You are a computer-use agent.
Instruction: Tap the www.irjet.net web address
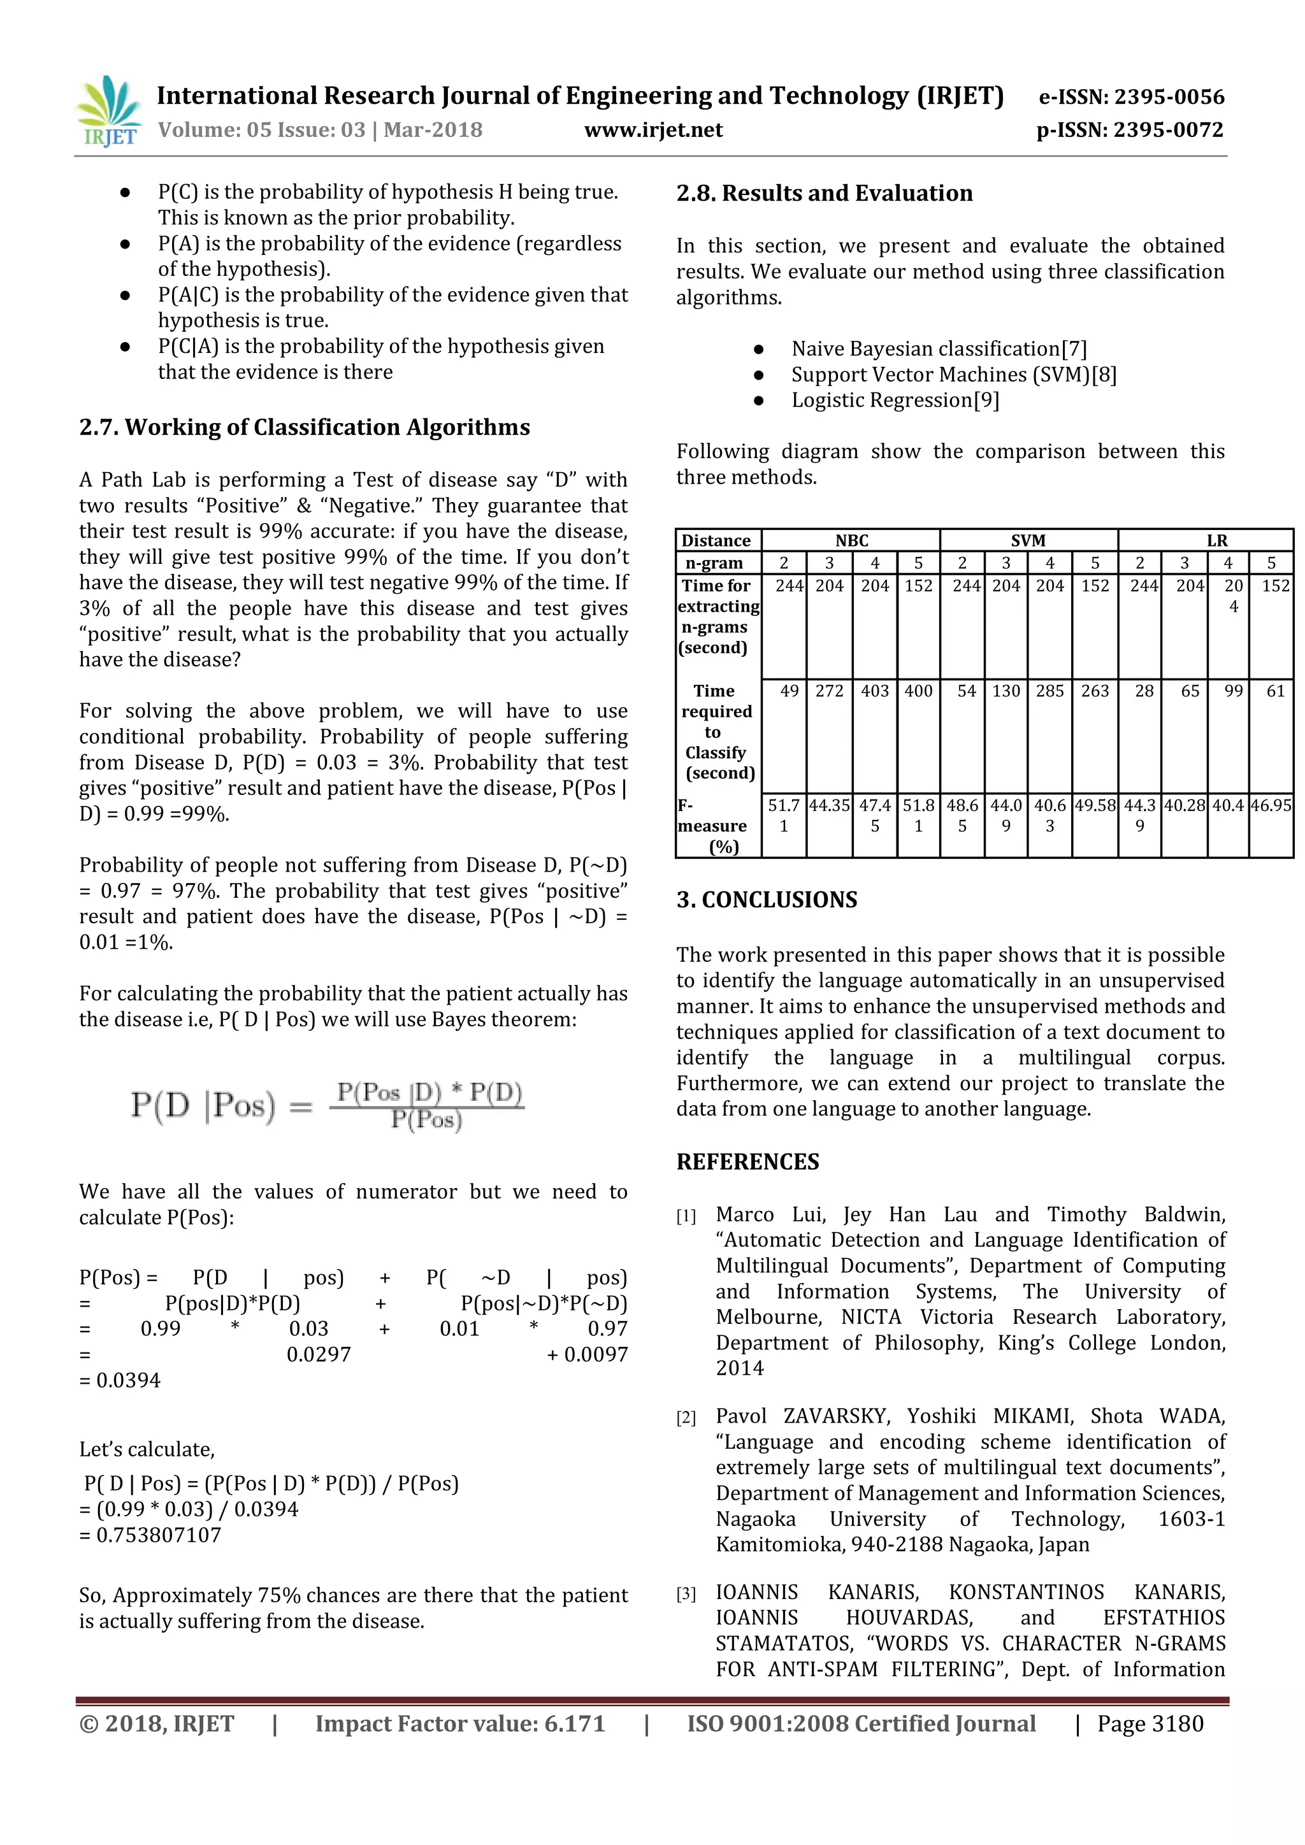pyautogui.click(x=652, y=130)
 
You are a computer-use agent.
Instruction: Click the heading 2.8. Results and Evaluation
pyautogui.click(x=824, y=193)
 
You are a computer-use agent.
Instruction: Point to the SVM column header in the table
pyautogui.click(x=1028, y=541)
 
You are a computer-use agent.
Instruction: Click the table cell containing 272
pyautogui.click(x=829, y=691)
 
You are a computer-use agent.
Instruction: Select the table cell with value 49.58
pyautogui.click(x=1095, y=805)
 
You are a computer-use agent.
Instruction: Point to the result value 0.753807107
pyautogui.click(x=150, y=1535)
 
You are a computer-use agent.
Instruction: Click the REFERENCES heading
pyautogui.click(x=747, y=1162)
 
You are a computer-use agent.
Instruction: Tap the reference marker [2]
pyautogui.click(x=686, y=1418)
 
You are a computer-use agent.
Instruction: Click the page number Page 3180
pyautogui.click(x=1150, y=1724)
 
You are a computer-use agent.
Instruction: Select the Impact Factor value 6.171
pyautogui.click(x=459, y=1724)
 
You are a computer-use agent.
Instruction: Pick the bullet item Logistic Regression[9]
pyautogui.click(x=895, y=400)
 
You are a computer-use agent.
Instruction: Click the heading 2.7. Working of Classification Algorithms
pyautogui.click(x=305, y=427)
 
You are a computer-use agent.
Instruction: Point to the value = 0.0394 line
pyautogui.click(x=120, y=1381)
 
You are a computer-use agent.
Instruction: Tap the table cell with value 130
pyautogui.click(x=1006, y=691)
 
